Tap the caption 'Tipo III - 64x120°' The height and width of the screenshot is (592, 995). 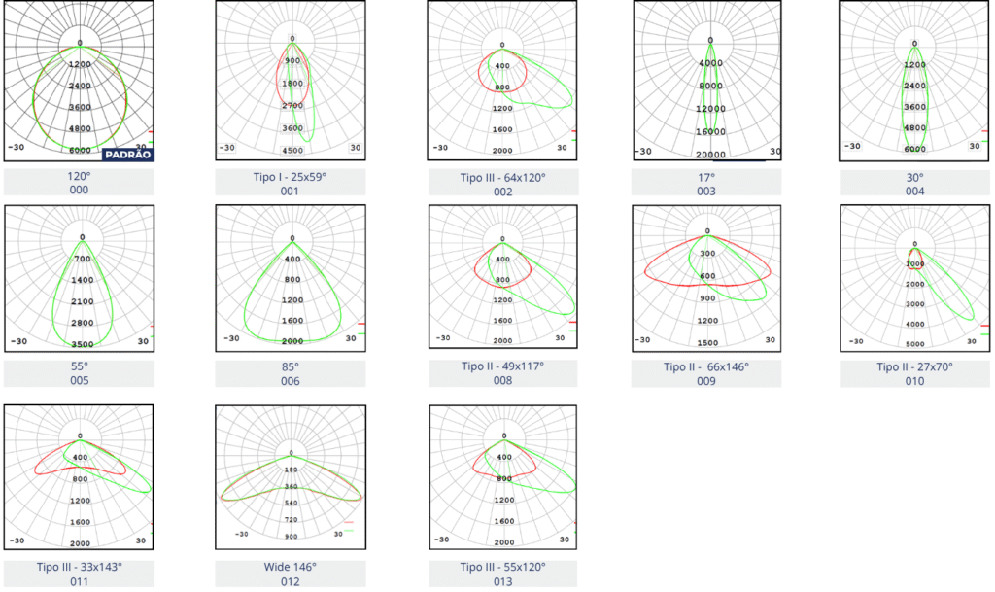click(x=502, y=178)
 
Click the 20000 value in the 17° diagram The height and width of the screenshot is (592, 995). click(x=710, y=155)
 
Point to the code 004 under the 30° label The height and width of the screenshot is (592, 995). click(x=915, y=192)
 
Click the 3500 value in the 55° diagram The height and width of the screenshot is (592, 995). click(x=82, y=344)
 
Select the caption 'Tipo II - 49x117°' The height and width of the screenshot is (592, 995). click(x=502, y=367)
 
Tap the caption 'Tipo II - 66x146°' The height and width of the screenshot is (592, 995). click(x=706, y=367)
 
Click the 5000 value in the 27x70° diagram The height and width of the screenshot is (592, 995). click(x=915, y=344)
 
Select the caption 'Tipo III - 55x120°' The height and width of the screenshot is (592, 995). click(x=502, y=568)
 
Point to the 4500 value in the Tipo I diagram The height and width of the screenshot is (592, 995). click(x=292, y=151)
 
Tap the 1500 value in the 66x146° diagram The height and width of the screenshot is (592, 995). click(x=707, y=343)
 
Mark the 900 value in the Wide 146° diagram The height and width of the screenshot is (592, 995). click(x=292, y=537)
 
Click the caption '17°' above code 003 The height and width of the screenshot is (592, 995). click(x=706, y=178)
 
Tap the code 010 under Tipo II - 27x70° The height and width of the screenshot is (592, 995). click(x=915, y=381)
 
